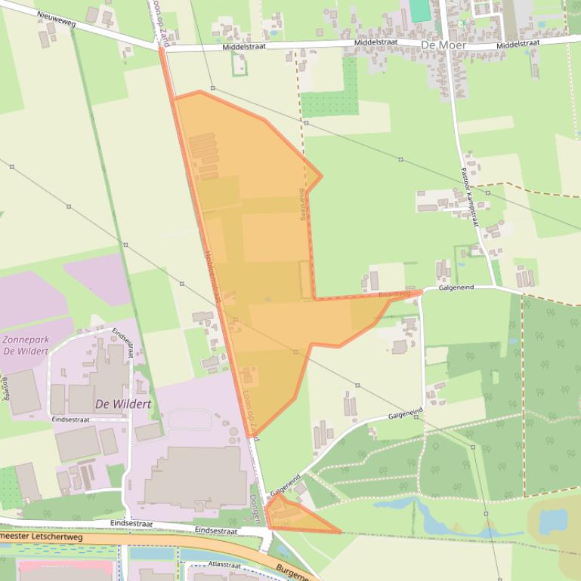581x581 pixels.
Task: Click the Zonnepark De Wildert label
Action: pyautogui.click(x=26, y=346)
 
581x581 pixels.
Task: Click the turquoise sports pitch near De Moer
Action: pyautogui.click(x=419, y=11)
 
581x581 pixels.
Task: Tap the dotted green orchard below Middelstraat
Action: pyautogui.click(x=329, y=103)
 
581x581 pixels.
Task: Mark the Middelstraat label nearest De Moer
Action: pyautogui.click(x=375, y=44)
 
